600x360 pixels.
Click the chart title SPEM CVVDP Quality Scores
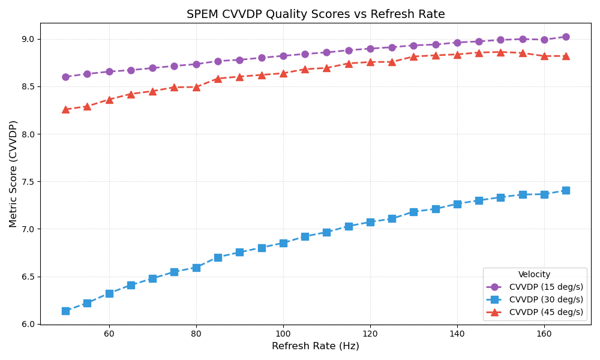click(316, 14)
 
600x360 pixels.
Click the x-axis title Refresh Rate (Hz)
click(316, 346)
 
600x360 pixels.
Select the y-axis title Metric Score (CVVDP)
click(13, 174)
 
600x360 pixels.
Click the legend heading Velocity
click(534, 274)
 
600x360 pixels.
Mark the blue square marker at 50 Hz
click(65, 311)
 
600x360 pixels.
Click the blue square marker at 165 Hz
click(566, 190)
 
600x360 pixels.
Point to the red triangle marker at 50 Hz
click(65, 109)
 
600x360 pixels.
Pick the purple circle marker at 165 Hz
click(566, 37)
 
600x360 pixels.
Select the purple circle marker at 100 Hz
click(283, 56)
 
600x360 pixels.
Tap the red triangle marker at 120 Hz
click(370, 62)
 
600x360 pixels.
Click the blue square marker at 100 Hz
click(283, 243)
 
